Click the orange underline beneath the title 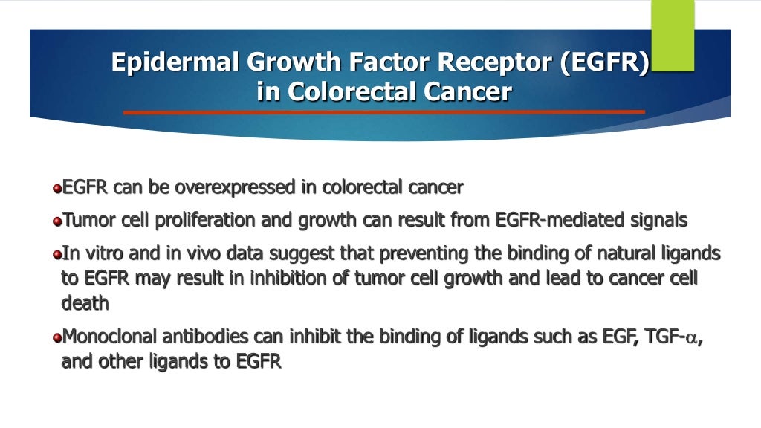[x=383, y=112]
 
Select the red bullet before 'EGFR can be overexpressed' [x=56, y=189]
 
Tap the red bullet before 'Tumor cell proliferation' [x=56, y=221]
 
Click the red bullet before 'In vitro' [x=56, y=255]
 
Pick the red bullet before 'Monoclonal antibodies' [x=56, y=338]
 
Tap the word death [x=85, y=303]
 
